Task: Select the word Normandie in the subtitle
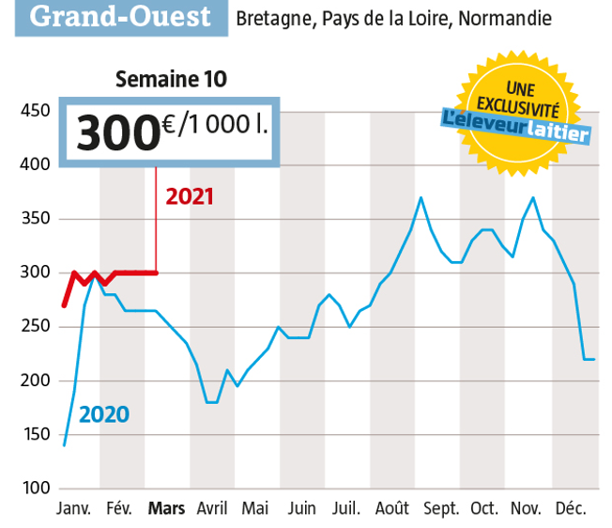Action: pyautogui.click(x=503, y=19)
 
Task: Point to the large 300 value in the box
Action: pyautogui.click(x=115, y=132)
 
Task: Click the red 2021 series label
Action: pyautogui.click(x=190, y=196)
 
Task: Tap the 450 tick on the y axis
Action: pyautogui.click(x=34, y=112)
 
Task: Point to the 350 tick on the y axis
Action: pyautogui.click(x=34, y=220)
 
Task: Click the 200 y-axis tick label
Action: pyautogui.click(x=34, y=381)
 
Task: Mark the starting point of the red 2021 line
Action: pyautogui.click(x=64, y=305)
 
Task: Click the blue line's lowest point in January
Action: pyautogui.click(x=64, y=445)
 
